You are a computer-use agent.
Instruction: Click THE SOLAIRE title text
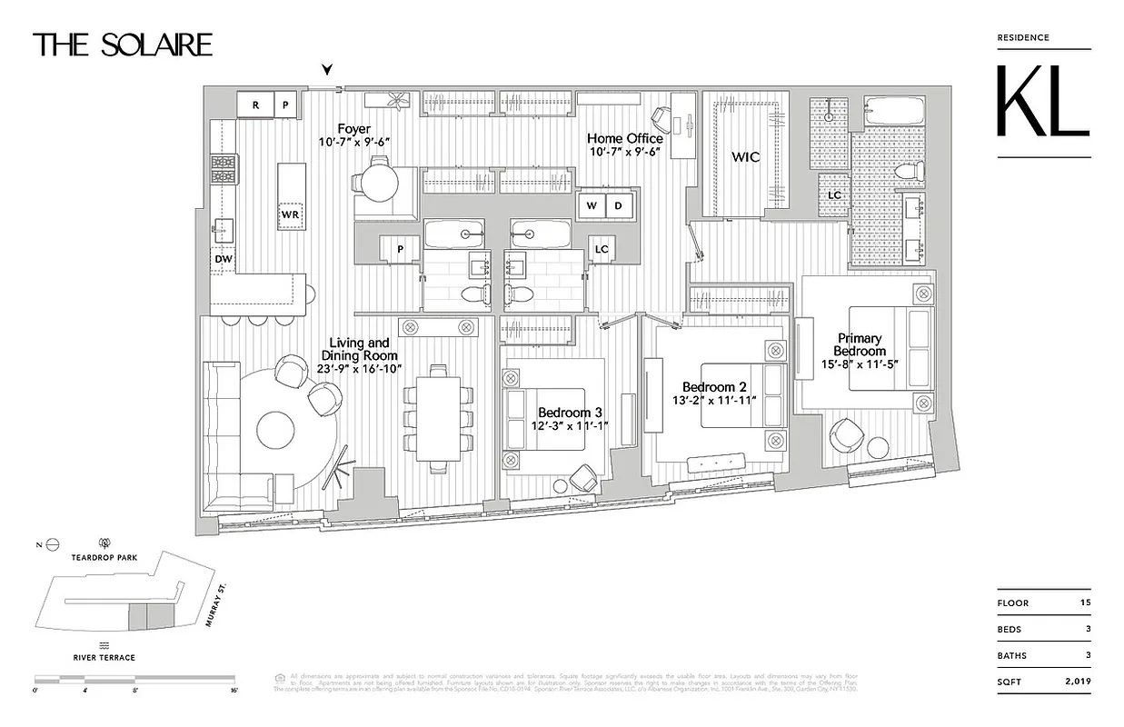pyautogui.click(x=124, y=45)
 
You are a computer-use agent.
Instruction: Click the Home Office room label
pyautogui.click(x=625, y=138)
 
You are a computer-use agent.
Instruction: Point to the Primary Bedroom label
pyautogui.click(x=860, y=344)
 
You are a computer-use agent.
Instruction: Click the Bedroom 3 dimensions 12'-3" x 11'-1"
pyautogui.click(x=570, y=426)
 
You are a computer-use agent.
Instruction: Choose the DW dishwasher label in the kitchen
pyautogui.click(x=223, y=259)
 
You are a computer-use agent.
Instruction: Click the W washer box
pyautogui.click(x=592, y=205)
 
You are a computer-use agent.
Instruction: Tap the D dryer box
pyautogui.click(x=619, y=205)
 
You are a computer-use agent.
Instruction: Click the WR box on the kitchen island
pyautogui.click(x=290, y=214)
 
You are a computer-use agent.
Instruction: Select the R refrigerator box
pyautogui.click(x=255, y=105)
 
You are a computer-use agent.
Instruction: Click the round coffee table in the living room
pyautogui.click(x=277, y=428)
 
